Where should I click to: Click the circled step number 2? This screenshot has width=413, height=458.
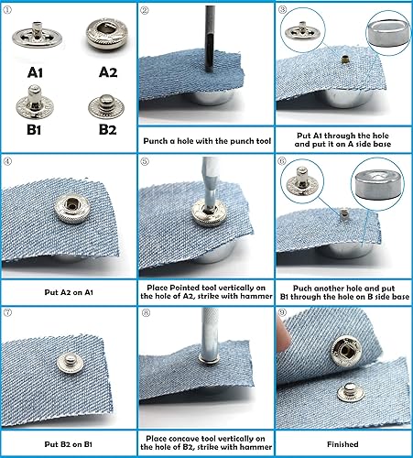pos(146,12)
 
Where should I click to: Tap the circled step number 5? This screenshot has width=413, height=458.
pos(146,164)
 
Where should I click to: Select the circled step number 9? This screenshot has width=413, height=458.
pos(283,316)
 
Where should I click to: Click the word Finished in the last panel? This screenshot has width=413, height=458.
pos(343,445)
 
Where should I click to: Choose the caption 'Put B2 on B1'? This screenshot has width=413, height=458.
pos(69,444)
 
